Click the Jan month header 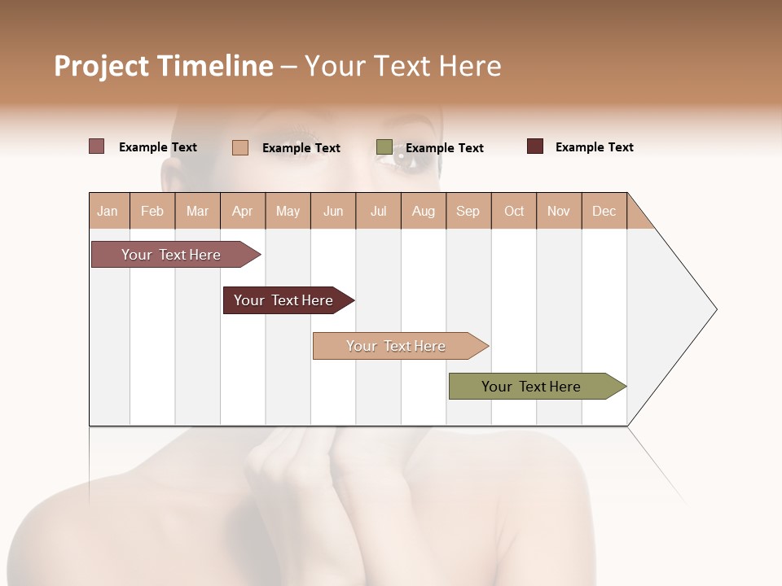coord(108,211)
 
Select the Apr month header coord(242,211)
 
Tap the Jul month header coord(378,211)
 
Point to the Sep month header coord(468,211)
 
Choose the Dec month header coord(604,211)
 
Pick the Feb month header coord(152,211)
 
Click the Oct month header coord(514,211)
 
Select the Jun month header coord(333,211)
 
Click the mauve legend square coord(96,146)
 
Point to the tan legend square coord(240,147)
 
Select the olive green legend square coord(384,147)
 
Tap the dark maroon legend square coord(535,146)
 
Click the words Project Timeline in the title coord(163,66)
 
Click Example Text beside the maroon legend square coord(594,147)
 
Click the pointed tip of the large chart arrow coord(715,309)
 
